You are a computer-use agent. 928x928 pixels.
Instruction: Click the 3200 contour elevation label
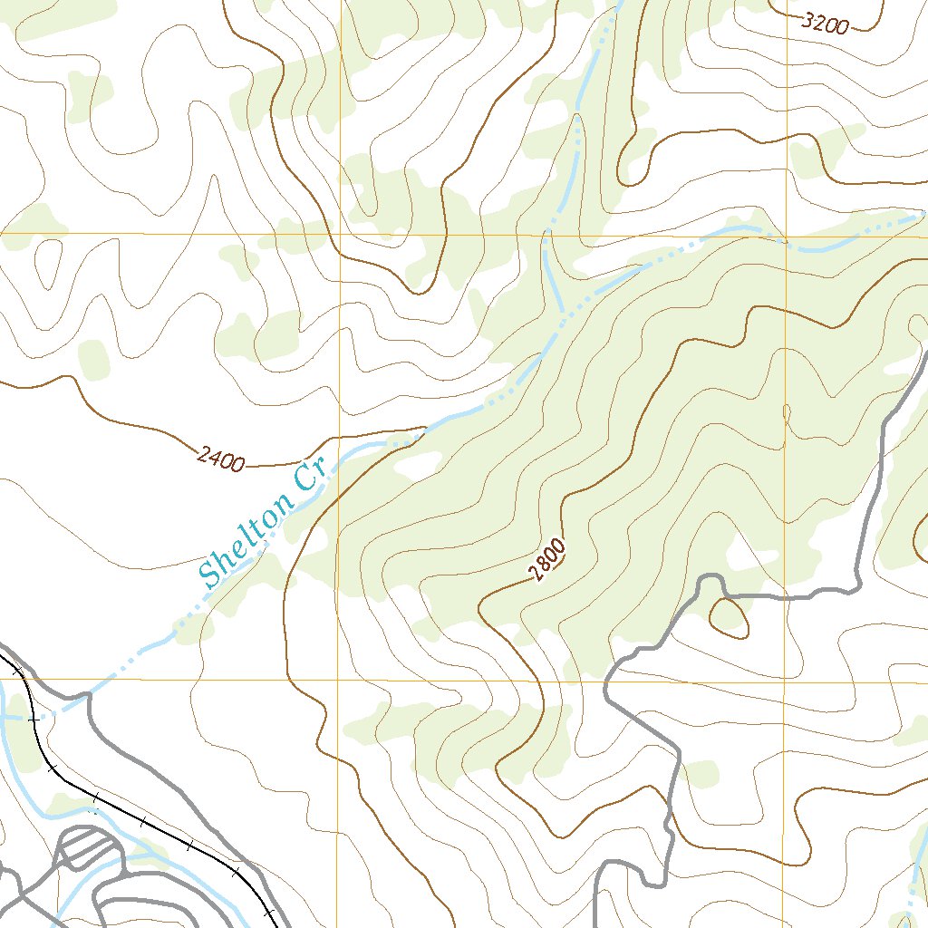tap(826, 24)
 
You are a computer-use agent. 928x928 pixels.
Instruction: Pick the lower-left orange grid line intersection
tap(338, 679)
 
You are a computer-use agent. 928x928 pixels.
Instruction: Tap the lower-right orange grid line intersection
tap(786, 681)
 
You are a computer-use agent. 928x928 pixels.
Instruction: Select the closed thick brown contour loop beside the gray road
tap(729, 617)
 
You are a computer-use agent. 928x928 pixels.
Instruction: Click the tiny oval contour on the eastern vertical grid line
tap(786, 413)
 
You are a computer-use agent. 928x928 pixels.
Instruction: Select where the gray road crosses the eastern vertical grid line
tap(786, 597)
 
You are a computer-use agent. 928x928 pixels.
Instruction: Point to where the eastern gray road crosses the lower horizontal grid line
tap(605, 681)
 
